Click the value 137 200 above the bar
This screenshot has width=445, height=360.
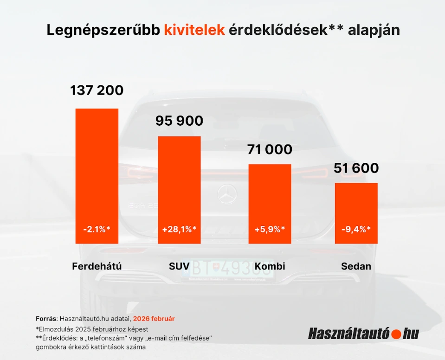click(97, 90)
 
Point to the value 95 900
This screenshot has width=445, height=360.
click(179, 121)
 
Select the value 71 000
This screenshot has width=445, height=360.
click(270, 149)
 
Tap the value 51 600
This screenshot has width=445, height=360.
click(356, 168)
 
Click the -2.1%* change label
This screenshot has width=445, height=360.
click(97, 229)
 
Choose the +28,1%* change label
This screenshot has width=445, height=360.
click(179, 229)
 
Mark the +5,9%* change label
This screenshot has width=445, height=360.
click(270, 229)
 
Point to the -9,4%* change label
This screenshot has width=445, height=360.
click(356, 229)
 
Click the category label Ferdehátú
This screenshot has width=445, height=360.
click(97, 266)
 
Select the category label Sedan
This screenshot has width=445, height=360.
click(356, 266)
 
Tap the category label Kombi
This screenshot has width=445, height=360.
click(270, 266)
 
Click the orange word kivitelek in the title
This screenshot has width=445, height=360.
click(194, 30)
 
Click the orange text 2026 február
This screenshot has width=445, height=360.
click(154, 319)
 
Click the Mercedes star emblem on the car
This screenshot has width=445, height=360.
click(228, 193)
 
